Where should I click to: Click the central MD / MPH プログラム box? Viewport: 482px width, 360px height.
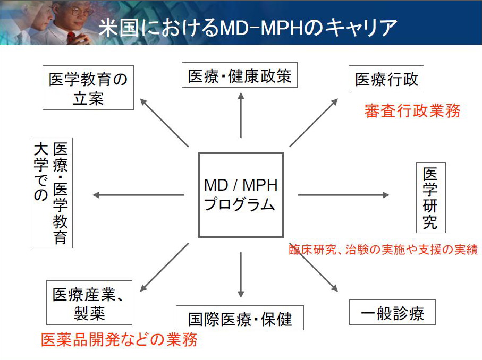[x=241, y=195]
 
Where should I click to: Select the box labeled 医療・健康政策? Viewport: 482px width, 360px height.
[x=240, y=75]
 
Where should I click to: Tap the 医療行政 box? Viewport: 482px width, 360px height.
[x=386, y=79]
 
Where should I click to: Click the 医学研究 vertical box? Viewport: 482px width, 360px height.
[x=430, y=198]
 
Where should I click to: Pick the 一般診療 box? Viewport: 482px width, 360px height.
[x=392, y=312]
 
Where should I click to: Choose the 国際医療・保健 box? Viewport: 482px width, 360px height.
[x=240, y=318]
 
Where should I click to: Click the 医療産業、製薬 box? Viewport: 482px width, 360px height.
[x=89, y=303]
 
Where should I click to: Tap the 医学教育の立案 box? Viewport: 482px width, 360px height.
[x=88, y=88]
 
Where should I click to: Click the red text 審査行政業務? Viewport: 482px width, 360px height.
[x=412, y=110]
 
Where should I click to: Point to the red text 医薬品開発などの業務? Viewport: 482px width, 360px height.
[x=119, y=339]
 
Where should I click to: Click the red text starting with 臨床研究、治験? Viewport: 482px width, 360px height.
[x=383, y=250]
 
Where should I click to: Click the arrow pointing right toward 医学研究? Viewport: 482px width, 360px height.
[x=343, y=195]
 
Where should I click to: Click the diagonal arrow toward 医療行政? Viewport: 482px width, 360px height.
[x=314, y=122]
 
